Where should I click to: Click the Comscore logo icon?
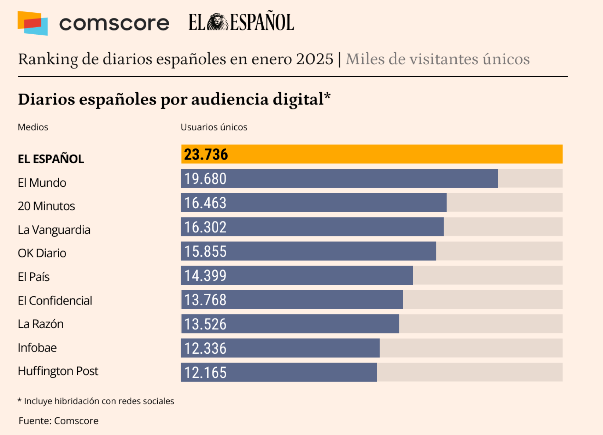[x=33, y=23]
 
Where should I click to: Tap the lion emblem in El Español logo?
[x=217, y=22]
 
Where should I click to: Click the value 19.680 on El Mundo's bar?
[x=205, y=179]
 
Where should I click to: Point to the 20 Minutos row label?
[x=46, y=206]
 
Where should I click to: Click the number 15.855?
[x=205, y=251]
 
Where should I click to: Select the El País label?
[x=34, y=277]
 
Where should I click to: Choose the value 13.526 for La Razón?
[x=205, y=324]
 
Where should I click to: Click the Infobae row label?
[x=37, y=348]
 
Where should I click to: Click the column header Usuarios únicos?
[x=214, y=127]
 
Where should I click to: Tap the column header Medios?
[x=33, y=127]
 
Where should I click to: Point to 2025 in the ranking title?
[x=315, y=59]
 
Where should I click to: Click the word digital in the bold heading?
[x=298, y=99]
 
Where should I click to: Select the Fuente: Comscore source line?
[x=59, y=420]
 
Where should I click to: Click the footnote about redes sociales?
[x=96, y=401]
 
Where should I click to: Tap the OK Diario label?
[x=42, y=253]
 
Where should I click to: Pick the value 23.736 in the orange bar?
[x=206, y=155]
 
